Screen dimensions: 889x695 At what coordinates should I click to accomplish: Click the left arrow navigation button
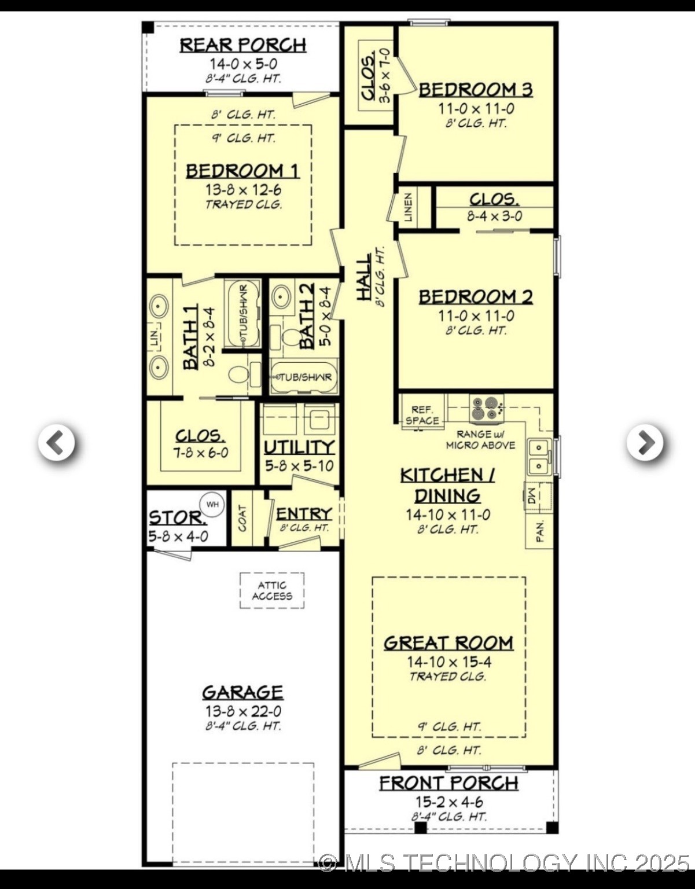(56, 443)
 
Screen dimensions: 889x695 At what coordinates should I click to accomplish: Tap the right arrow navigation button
(645, 443)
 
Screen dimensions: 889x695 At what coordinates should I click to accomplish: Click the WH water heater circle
(212, 504)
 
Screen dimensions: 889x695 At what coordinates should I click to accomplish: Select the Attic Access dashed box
(272, 590)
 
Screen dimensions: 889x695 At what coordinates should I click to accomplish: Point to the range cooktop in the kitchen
(486, 408)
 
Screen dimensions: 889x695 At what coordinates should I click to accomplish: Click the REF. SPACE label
(422, 415)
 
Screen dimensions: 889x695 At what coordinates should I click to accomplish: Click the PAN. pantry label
(540, 530)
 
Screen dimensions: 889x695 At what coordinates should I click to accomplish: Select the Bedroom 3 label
(475, 90)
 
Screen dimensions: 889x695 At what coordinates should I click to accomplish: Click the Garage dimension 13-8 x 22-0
(242, 711)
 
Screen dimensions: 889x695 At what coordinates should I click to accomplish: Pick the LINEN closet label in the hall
(409, 207)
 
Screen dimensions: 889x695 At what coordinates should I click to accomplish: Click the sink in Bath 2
(281, 297)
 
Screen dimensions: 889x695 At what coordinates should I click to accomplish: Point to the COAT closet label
(242, 518)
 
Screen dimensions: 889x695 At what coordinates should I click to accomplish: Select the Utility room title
(299, 447)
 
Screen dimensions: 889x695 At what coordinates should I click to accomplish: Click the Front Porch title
(448, 783)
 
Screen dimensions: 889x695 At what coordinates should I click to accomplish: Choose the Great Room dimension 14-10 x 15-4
(448, 662)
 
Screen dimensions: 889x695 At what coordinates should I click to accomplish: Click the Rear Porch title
(242, 45)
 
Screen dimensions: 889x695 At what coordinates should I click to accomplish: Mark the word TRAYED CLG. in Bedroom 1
(244, 204)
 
